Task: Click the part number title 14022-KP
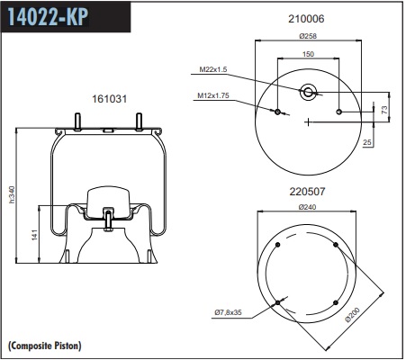click(x=48, y=16)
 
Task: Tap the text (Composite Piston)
click(x=44, y=346)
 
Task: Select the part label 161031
click(x=109, y=99)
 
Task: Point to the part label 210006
click(x=306, y=19)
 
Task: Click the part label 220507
click(x=307, y=192)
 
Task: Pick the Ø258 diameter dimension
click(x=308, y=36)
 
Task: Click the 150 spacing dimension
click(x=308, y=54)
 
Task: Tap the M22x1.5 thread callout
click(x=213, y=69)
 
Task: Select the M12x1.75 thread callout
click(x=213, y=95)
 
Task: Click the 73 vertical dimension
click(x=384, y=110)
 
